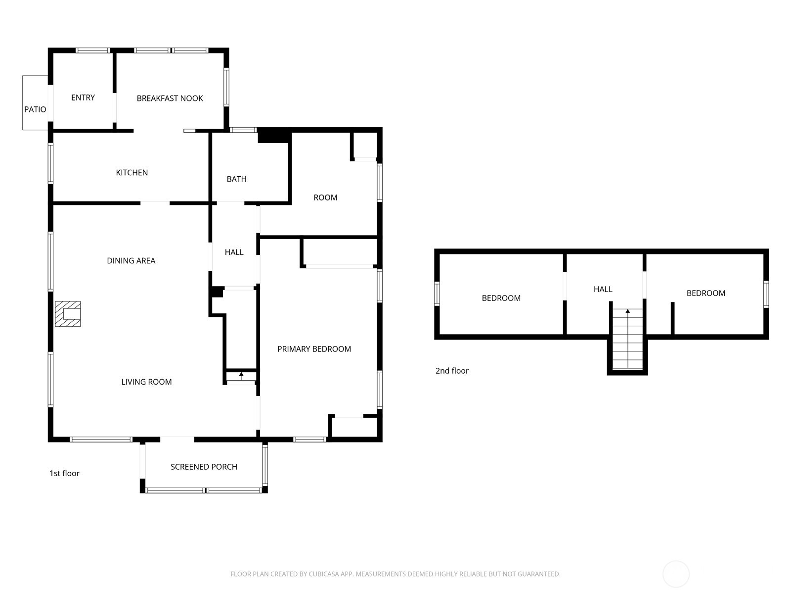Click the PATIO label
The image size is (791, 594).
pos(35,109)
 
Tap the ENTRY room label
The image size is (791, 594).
pos(83,98)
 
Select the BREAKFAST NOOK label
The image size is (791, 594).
pos(170,99)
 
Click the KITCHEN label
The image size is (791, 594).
pos(132,173)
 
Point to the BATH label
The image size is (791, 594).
pos(236,179)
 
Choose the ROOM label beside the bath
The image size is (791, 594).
pos(325,198)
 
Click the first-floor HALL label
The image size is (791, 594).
pos(234,252)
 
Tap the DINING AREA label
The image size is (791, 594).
pos(131,261)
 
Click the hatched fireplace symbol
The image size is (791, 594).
pos(68,314)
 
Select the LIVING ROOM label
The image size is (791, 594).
pos(146,382)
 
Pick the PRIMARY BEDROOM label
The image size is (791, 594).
pos(314,349)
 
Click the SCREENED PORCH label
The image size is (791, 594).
pos(204,467)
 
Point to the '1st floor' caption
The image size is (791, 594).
pos(64,473)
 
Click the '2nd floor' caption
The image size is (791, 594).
pos(452,371)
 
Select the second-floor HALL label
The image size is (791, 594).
pos(603,289)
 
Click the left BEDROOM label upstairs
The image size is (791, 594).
pos(501,298)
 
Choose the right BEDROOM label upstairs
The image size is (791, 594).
pos(705,293)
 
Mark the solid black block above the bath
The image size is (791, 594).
pos(273,136)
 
